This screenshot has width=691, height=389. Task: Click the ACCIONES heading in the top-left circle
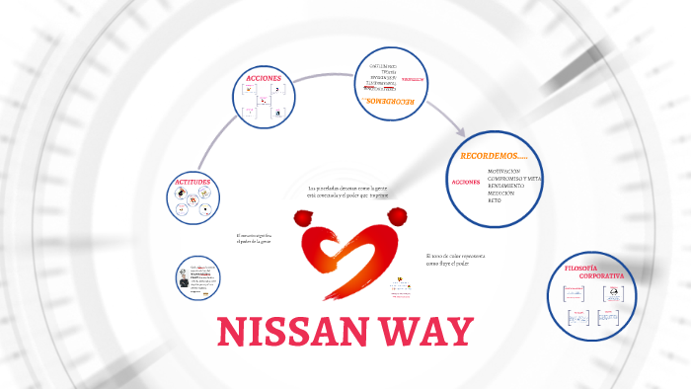pyautogui.click(x=264, y=77)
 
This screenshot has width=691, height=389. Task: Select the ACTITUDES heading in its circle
pyautogui.click(x=192, y=184)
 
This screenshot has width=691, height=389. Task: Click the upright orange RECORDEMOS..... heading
pyautogui.click(x=494, y=157)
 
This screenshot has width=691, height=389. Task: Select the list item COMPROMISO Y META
pyautogui.click(x=514, y=178)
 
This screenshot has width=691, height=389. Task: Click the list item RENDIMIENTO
pyautogui.click(x=505, y=186)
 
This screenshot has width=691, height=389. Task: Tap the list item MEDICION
pyautogui.click(x=501, y=193)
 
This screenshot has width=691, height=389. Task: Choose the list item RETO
pyautogui.click(x=494, y=200)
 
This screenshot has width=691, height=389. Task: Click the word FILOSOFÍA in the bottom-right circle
pyautogui.click(x=581, y=269)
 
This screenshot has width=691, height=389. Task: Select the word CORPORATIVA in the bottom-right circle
pyautogui.click(x=601, y=276)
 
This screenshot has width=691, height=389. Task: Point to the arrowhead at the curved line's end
pyautogui.click(x=459, y=130)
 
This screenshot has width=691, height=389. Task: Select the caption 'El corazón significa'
pyautogui.click(x=254, y=239)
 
